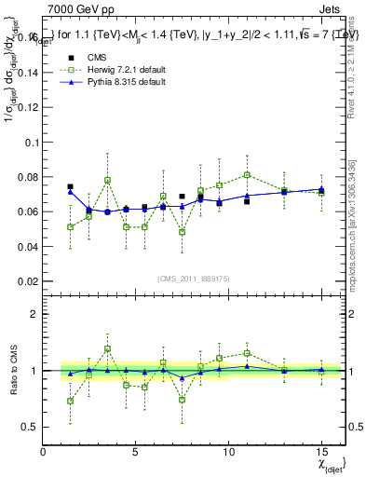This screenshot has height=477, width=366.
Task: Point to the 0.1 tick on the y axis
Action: (x=28, y=143)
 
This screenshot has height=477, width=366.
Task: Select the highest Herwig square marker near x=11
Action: (x=247, y=175)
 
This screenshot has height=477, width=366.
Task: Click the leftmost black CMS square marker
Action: (x=70, y=186)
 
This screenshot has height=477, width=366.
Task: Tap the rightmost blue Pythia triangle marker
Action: (x=321, y=189)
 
